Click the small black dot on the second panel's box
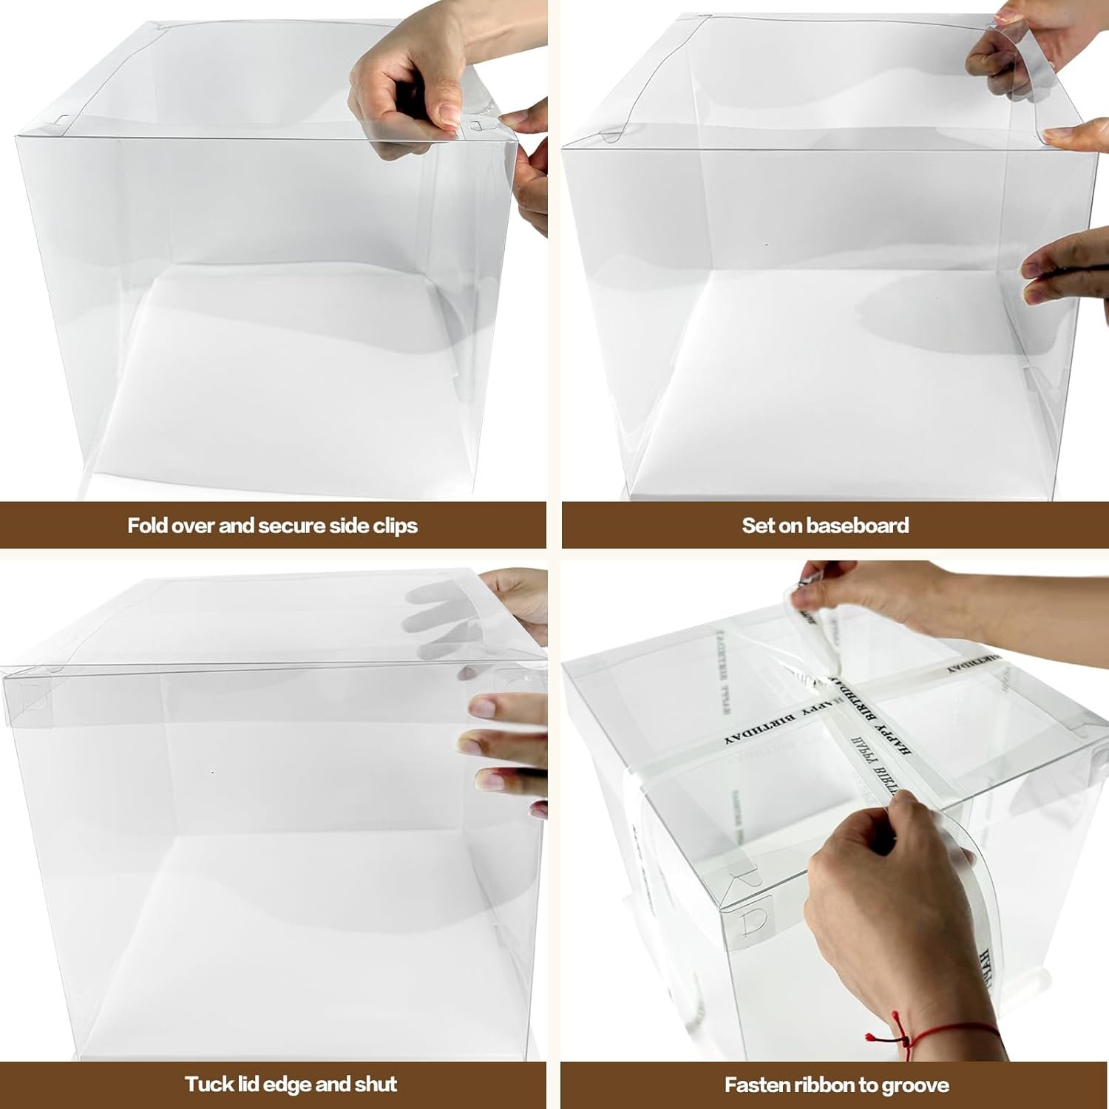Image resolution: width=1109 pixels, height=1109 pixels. (767, 245)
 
